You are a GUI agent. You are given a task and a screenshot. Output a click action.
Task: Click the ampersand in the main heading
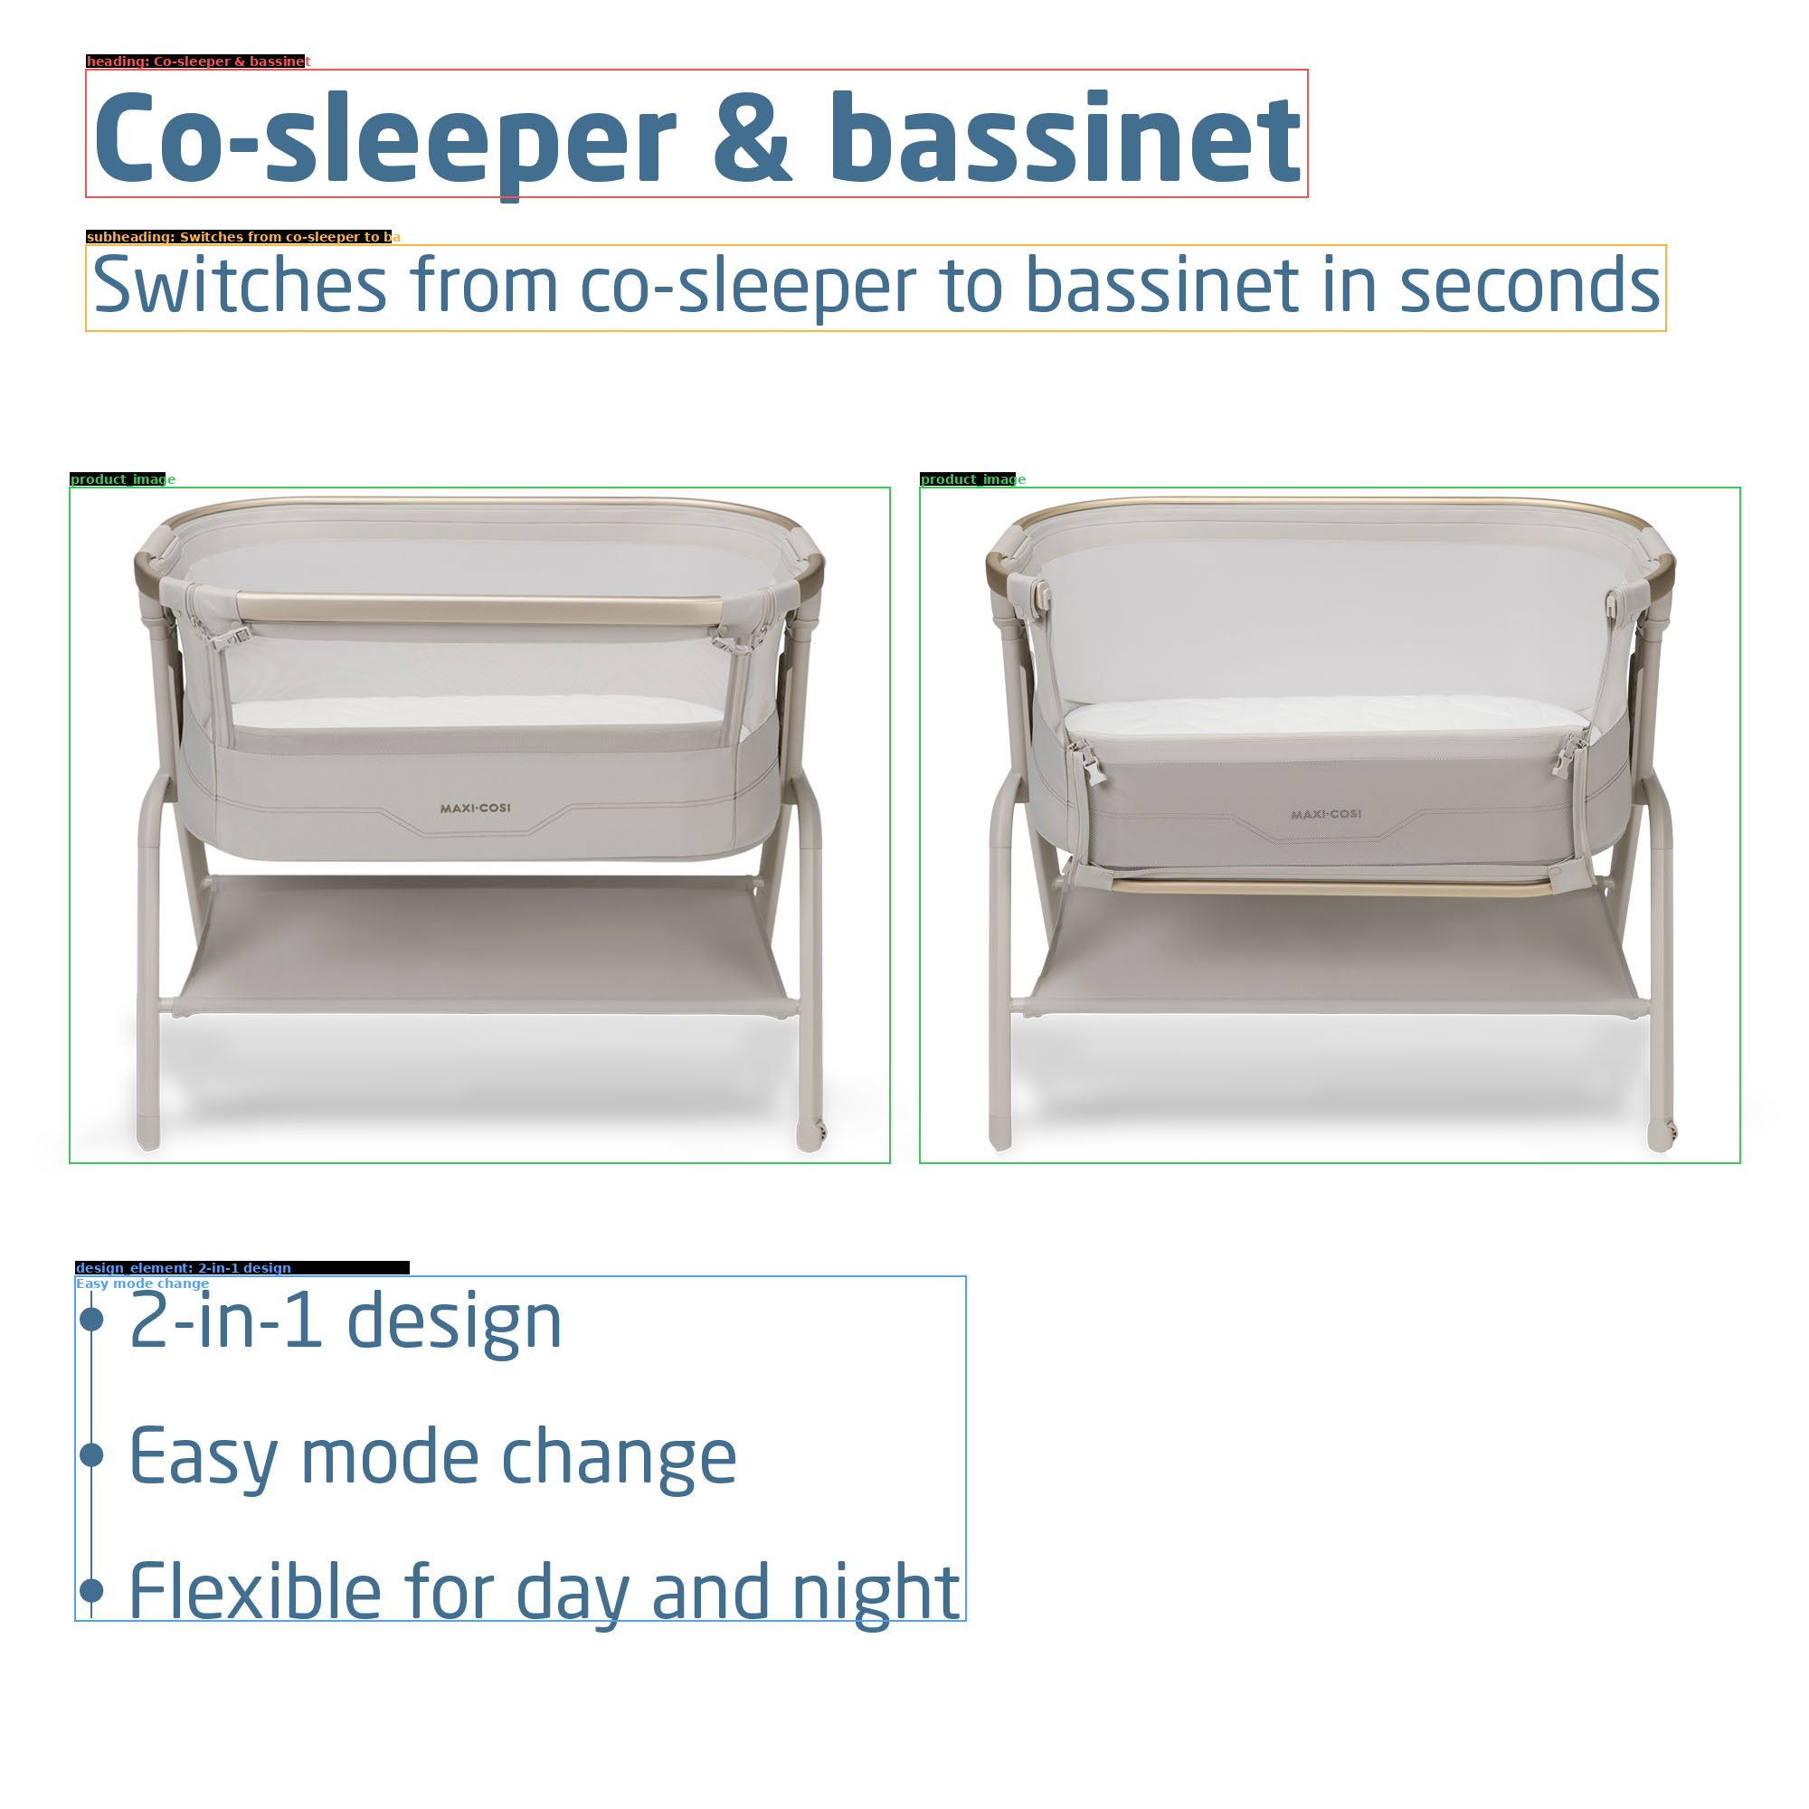(x=753, y=137)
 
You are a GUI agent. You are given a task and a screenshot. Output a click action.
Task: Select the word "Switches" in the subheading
(x=240, y=285)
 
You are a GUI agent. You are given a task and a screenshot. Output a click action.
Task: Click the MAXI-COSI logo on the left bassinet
(x=476, y=807)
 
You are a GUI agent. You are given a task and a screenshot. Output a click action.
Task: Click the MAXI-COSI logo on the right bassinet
(x=1326, y=814)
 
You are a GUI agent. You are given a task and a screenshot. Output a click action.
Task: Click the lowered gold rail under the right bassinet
(x=1331, y=886)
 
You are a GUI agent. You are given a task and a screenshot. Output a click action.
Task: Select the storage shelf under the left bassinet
(x=479, y=946)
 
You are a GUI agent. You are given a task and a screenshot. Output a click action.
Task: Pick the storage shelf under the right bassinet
(x=1331, y=951)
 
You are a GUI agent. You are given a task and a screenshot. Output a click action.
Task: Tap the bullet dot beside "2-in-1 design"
(x=91, y=1320)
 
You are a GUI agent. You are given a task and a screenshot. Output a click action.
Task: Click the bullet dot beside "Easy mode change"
(x=91, y=1454)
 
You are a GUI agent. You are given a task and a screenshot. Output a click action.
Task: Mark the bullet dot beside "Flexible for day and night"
(x=91, y=1589)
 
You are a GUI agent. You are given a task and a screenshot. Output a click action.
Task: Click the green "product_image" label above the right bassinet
(x=972, y=479)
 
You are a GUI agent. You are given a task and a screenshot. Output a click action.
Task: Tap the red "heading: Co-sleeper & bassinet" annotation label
(x=197, y=61)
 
